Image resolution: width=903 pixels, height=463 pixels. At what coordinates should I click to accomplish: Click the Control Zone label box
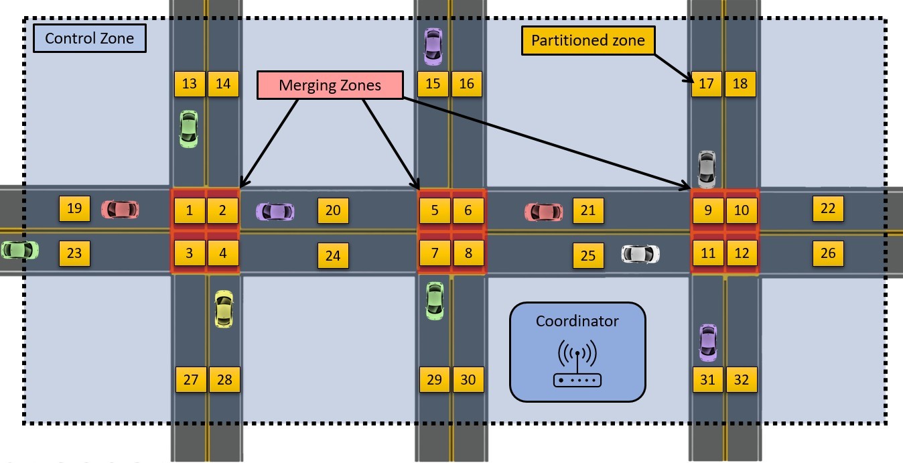89,39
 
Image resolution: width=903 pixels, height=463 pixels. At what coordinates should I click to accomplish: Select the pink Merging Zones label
330,85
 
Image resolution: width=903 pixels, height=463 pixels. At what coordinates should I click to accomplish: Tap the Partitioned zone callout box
587,41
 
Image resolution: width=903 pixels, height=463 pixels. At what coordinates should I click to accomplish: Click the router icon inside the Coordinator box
577,365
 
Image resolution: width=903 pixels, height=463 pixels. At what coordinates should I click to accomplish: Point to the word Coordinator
577,322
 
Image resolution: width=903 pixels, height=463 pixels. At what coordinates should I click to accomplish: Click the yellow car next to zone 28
224,309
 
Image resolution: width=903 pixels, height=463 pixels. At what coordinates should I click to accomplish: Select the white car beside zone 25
640,254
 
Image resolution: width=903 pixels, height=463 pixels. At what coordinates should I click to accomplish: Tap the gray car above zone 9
707,169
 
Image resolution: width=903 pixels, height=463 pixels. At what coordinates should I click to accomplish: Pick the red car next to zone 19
120,209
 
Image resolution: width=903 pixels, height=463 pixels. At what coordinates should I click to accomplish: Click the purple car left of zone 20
275,212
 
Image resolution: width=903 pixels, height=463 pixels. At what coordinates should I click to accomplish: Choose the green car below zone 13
189,129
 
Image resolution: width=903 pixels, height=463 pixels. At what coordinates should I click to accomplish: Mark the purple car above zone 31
707,342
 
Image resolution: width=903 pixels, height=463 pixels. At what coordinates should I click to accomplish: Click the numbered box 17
706,84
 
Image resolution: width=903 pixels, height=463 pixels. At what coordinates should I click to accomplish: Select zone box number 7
435,254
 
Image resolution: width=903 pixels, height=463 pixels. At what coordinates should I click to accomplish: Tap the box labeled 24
333,255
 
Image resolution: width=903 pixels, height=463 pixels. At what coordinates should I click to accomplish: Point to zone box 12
741,254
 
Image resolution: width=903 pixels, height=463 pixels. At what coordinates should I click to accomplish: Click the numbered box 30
468,380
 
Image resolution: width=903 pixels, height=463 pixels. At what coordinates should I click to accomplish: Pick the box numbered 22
828,208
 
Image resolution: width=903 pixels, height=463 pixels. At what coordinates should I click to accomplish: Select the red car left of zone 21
543,212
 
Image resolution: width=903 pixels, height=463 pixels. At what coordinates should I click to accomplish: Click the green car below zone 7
435,300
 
